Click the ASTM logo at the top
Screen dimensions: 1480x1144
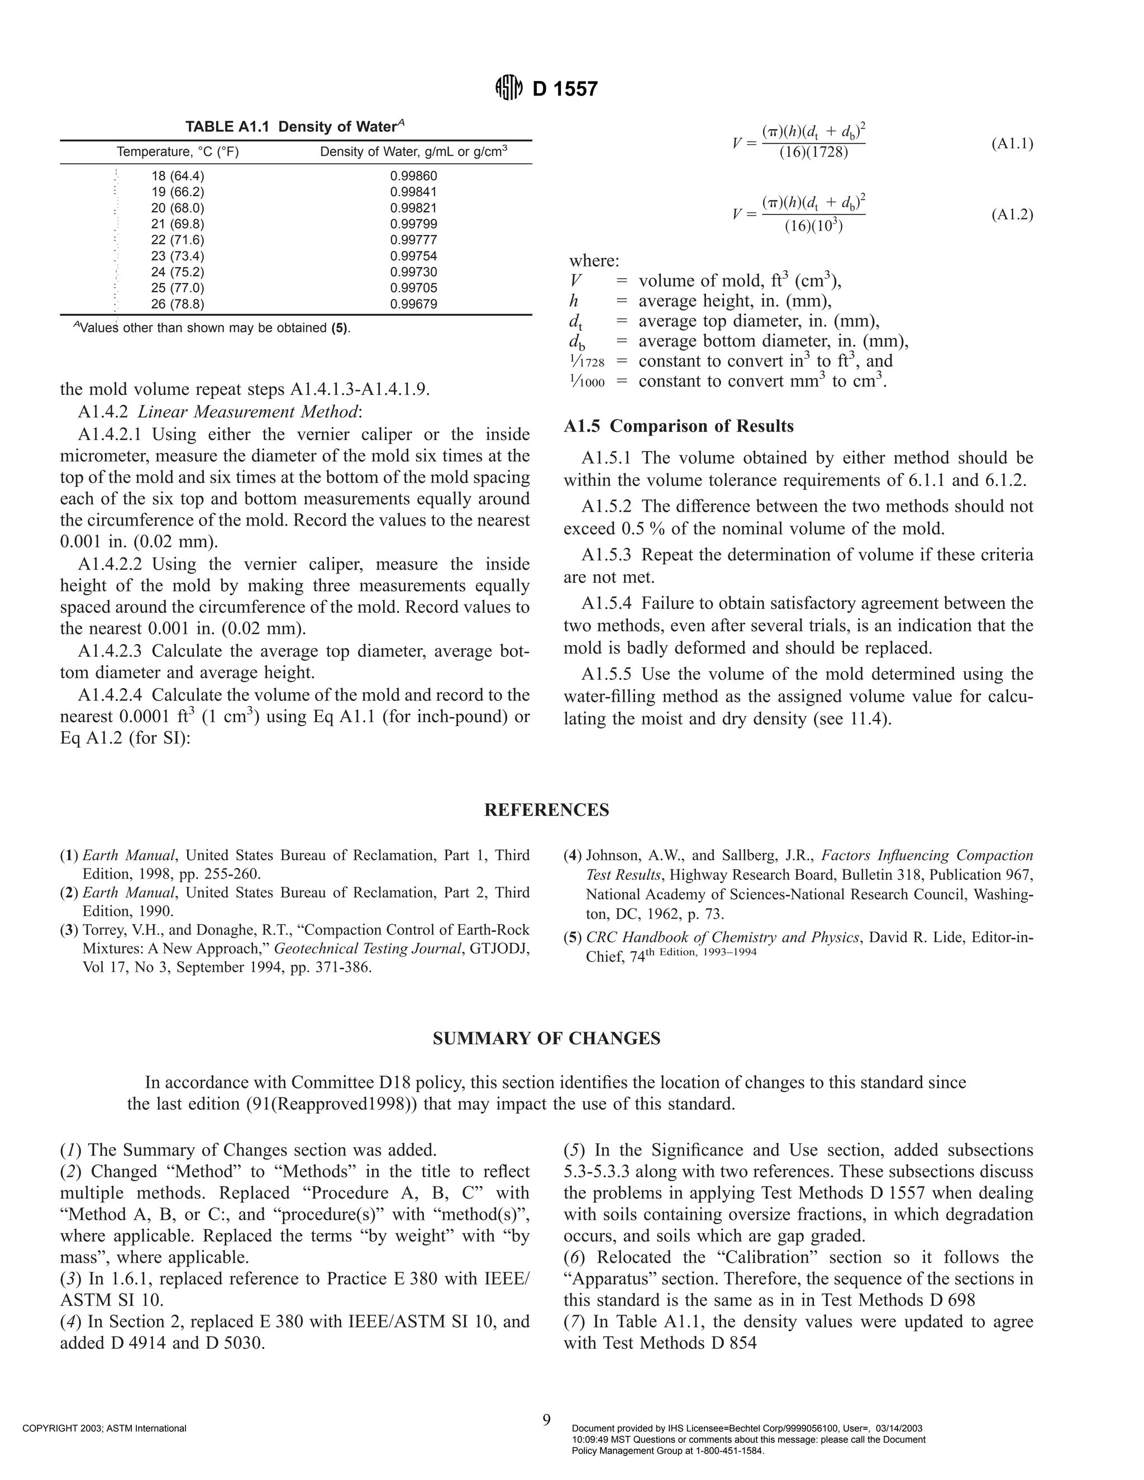click(508, 89)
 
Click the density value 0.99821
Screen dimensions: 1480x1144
click(413, 208)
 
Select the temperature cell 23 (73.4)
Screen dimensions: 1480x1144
click(178, 256)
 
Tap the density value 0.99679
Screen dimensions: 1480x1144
click(413, 304)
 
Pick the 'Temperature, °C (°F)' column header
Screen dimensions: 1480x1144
click(178, 152)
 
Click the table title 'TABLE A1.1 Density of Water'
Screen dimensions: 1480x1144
click(295, 127)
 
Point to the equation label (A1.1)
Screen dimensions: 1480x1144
click(1012, 144)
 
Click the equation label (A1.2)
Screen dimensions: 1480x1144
click(1012, 215)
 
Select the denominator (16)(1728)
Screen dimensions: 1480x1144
click(813, 152)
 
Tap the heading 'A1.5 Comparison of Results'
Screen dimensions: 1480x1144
click(678, 426)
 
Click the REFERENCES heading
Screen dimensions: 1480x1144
click(546, 810)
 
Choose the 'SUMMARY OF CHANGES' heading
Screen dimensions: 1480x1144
click(546, 1039)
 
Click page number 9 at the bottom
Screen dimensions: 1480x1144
click(546, 1420)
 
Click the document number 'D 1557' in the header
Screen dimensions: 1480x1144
click(565, 89)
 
